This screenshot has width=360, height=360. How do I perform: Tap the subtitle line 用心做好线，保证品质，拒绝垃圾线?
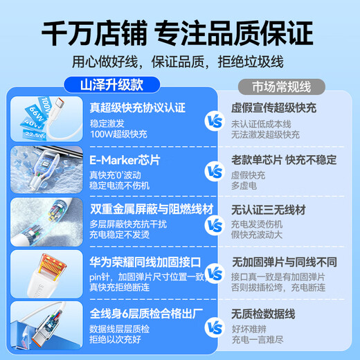pos(180,62)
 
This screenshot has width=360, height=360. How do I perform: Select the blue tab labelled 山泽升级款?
pos(114,86)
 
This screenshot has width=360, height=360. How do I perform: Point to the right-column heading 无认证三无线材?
pos(269,210)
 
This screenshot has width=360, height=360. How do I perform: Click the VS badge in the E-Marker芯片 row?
pos(216,171)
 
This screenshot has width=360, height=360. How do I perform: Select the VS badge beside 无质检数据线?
pos(216,325)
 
